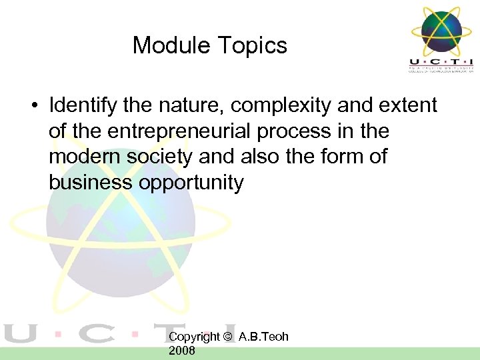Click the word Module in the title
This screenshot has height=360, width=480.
pyautogui.click(x=170, y=45)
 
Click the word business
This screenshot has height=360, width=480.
pyautogui.click(x=90, y=181)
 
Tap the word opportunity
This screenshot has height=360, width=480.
pyautogui.click(x=191, y=181)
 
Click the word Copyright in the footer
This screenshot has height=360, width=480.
pyautogui.click(x=193, y=337)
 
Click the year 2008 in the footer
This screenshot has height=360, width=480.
pyautogui.click(x=182, y=350)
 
